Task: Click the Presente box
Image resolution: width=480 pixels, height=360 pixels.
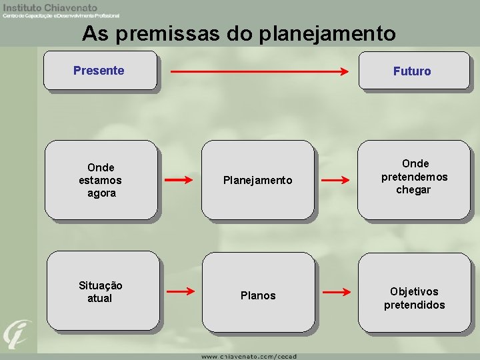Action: coord(100,70)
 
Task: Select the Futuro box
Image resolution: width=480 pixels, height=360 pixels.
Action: coord(413,70)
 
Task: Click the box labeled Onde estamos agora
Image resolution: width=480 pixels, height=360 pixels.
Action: coord(101,180)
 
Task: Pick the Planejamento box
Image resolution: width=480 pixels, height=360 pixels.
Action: coord(257,180)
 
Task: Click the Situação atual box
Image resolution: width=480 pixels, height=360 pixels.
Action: coord(101,291)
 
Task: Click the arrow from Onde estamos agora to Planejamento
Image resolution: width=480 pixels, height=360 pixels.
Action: coord(179,180)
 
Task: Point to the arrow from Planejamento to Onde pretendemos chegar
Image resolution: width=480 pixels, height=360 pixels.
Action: coord(335,180)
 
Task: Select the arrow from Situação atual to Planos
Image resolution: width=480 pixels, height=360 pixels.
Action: coord(179,291)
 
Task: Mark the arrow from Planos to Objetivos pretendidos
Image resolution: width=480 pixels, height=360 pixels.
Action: coord(335,291)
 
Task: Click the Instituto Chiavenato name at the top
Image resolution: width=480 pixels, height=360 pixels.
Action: coord(50,7)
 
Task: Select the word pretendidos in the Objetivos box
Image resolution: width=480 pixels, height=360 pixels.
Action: coord(414,305)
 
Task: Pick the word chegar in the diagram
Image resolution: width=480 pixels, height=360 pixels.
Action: coord(414,190)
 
